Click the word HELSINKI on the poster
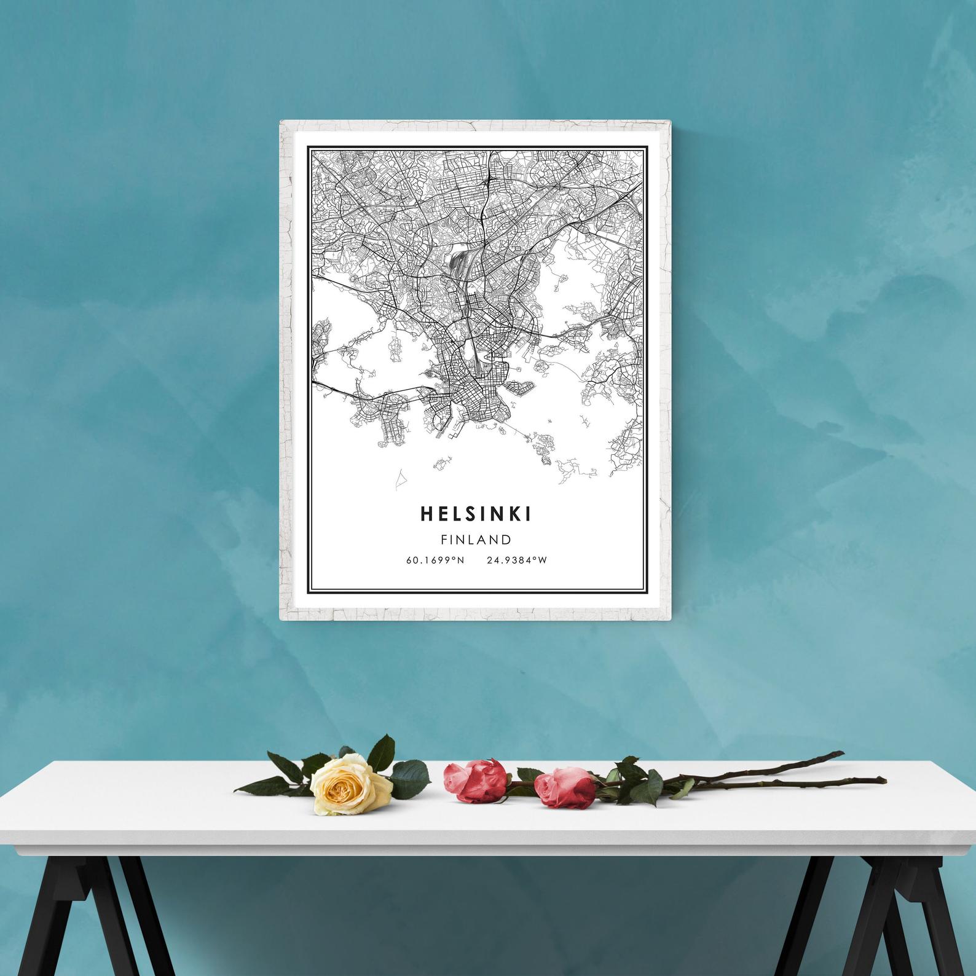tap(476, 514)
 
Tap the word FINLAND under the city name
tap(476, 540)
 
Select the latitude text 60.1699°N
tap(435, 560)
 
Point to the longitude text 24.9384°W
tap(516, 560)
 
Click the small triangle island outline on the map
tap(400, 480)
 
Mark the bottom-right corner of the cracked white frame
tap(667, 619)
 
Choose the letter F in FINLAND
tap(444, 540)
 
